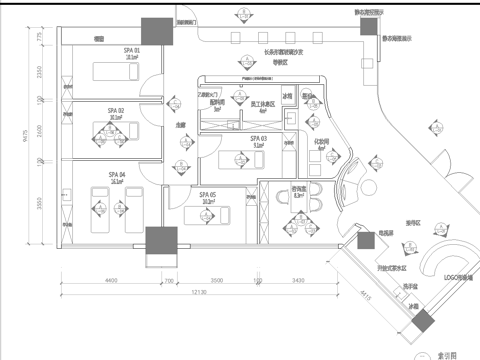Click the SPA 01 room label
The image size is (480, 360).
click(x=131, y=50)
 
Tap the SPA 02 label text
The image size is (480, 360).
click(x=116, y=110)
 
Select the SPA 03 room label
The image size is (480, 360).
click(x=257, y=138)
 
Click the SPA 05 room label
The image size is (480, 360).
click(x=208, y=194)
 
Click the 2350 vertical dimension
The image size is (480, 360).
click(x=39, y=73)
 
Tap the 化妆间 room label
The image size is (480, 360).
click(x=323, y=143)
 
